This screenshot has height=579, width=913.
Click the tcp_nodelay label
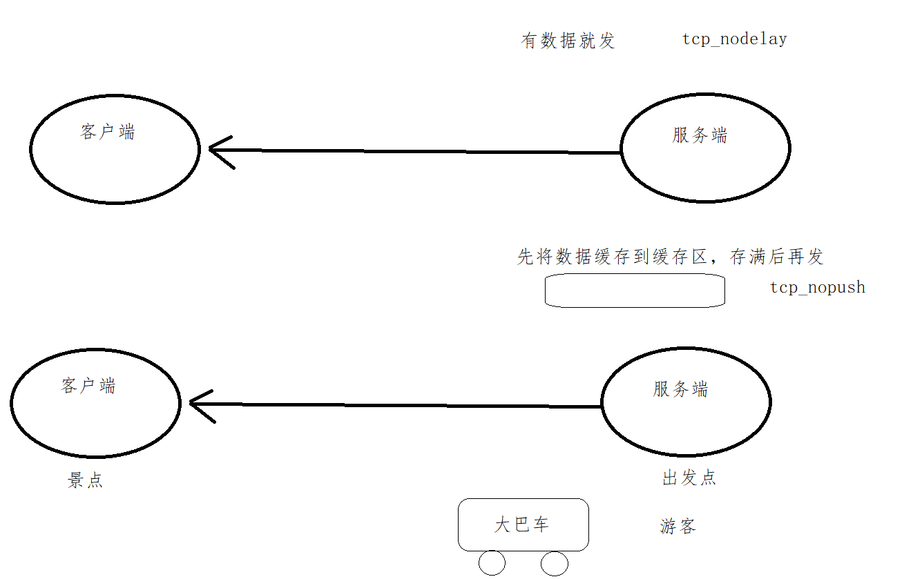(734, 39)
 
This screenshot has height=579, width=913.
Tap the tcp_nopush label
(817, 288)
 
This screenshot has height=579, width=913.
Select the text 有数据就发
(568, 41)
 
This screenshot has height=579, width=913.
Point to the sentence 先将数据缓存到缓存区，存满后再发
(670, 257)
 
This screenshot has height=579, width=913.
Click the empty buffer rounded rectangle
(635, 291)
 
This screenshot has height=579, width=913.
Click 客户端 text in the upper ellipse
(108, 132)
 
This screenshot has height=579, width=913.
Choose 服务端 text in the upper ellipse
(700, 135)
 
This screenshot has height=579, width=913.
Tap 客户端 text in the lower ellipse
(88, 386)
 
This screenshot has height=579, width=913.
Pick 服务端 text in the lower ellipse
(680, 389)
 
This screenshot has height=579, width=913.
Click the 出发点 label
(689, 478)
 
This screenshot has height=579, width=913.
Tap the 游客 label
(677, 527)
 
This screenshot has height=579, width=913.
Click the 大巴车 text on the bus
(521, 524)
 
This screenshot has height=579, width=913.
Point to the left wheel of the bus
(492, 563)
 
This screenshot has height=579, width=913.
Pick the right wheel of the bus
(554, 563)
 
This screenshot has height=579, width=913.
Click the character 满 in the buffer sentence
(758, 257)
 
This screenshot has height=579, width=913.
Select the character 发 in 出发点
(689, 478)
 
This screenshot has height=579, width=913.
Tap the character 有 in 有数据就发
(529, 41)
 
